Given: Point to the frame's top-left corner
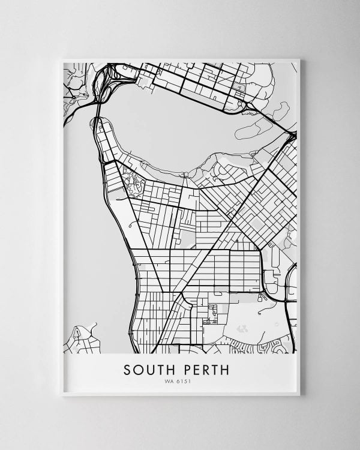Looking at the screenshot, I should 62,59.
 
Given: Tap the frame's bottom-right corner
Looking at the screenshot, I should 299,395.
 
